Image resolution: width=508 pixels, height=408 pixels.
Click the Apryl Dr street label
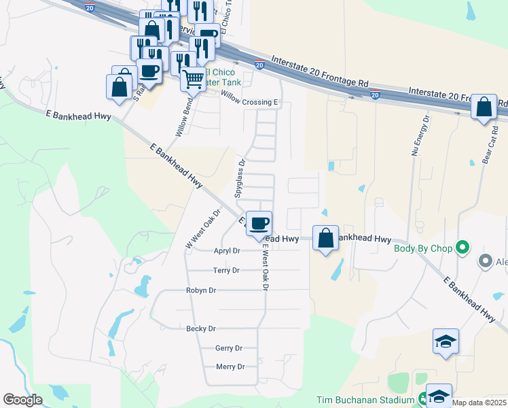pos(227,251)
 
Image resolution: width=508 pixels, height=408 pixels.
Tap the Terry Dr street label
pos(226,271)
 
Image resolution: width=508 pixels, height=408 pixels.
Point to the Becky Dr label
pos(200,329)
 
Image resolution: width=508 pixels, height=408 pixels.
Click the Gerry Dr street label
pos(228,348)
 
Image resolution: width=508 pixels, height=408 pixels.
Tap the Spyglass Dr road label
pos(240,178)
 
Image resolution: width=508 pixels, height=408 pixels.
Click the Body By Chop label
pos(423,248)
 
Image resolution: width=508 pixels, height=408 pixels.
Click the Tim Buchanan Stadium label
pos(366,400)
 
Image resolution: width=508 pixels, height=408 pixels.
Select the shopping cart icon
pos(193,80)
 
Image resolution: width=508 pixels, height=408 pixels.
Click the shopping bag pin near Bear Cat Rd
pos(484,107)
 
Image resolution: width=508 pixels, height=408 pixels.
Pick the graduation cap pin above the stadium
pos(446,341)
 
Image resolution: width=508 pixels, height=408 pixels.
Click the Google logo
pos(22,400)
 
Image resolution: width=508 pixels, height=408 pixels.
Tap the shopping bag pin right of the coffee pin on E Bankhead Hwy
pos(326,238)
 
